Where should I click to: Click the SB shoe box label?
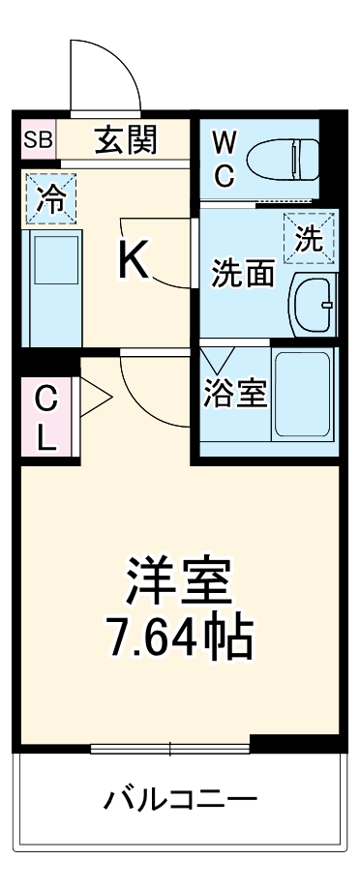(x=40, y=139)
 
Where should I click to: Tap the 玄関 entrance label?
(x=125, y=140)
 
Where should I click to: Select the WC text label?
(x=224, y=160)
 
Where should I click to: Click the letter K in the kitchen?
(x=134, y=260)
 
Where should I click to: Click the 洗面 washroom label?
(x=242, y=275)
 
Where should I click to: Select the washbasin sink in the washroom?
(x=312, y=304)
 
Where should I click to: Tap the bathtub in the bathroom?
(x=303, y=395)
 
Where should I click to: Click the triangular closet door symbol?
(x=96, y=397)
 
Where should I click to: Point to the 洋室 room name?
(x=179, y=580)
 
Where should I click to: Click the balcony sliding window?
(x=170, y=748)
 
